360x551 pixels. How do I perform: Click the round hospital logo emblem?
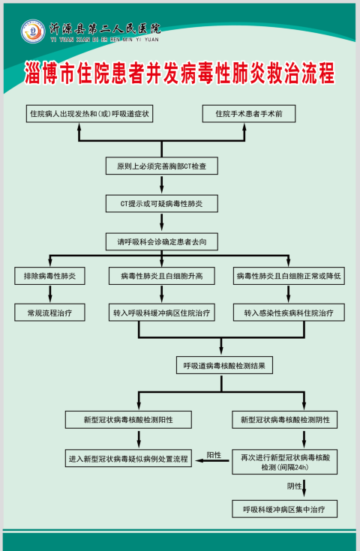click(x=33, y=31)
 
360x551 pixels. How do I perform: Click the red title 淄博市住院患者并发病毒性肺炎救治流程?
click(x=179, y=73)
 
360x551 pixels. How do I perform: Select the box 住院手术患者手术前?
click(x=249, y=113)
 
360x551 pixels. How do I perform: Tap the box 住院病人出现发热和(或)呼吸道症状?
click(x=89, y=113)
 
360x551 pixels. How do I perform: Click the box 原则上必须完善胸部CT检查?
click(x=162, y=166)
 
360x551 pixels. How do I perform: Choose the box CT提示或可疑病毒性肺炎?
click(x=162, y=203)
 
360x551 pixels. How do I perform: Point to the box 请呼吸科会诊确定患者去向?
click(x=162, y=241)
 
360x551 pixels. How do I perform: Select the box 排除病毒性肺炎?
click(x=49, y=276)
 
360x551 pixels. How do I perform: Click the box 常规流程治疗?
click(x=49, y=313)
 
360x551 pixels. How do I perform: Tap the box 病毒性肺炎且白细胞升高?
click(x=162, y=276)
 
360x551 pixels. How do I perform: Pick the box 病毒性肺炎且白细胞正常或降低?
click(x=289, y=276)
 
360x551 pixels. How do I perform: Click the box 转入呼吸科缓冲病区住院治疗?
click(x=162, y=313)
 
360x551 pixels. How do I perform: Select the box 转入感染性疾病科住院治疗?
click(x=289, y=313)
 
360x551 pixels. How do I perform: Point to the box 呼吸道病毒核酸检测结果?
click(x=224, y=366)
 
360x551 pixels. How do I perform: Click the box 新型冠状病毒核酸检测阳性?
click(x=128, y=420)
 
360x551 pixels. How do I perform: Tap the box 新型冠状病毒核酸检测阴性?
click(x=285, y=420)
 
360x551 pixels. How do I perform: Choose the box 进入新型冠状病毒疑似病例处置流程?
click(x=128, y=458)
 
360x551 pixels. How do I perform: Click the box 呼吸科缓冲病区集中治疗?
click(x=285, y=509)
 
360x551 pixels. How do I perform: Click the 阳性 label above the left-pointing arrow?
click(x=214, y=455)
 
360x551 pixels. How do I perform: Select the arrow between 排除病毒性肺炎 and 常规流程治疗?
click(x=50, y=294)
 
